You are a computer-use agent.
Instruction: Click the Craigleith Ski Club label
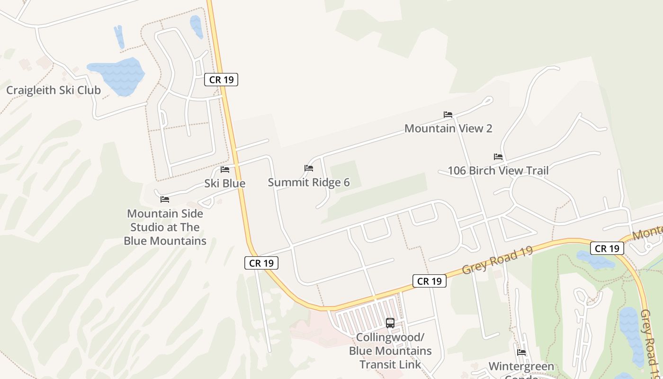54,90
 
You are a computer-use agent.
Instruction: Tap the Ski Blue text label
225,183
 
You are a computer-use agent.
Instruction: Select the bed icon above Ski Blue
225,169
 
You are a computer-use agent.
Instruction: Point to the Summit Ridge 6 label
309,182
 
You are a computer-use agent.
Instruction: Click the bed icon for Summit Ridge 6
309,168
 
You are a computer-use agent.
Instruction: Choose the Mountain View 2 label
448,128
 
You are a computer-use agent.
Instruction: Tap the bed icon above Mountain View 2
448,115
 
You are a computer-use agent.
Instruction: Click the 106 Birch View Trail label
498,171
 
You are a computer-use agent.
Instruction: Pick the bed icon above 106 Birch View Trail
498,157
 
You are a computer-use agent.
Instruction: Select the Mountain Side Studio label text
165,227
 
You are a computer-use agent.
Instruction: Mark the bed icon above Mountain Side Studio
165,199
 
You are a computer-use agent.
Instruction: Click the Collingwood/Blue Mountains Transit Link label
390,351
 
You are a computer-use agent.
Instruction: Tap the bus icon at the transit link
390,323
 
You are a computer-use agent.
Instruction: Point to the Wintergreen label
521,367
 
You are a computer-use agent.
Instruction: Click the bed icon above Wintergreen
521,352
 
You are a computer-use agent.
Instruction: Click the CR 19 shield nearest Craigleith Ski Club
221,80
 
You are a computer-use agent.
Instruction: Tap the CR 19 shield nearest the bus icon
430,281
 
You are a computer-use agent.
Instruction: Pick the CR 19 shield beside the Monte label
607,248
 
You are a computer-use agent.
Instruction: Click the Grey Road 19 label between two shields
497,260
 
